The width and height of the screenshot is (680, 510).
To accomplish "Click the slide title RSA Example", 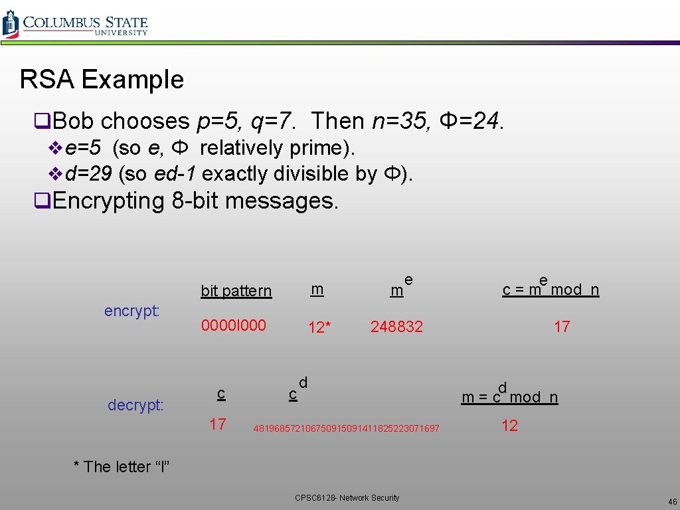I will pyautogui.click(x=102, y=80).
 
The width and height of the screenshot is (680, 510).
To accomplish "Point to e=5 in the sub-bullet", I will pyautogui.click(x=83, y=147).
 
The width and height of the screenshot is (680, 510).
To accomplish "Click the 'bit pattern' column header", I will pyautogui.click(x=236, y=291).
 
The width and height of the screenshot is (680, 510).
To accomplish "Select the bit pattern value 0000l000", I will pyautogui.click(x=233, y=325).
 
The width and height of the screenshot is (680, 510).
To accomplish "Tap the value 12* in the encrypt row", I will pyautogui.click(x=319, y=327).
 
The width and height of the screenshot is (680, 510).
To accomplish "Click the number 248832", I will pyautogui.click(x=396, y=327).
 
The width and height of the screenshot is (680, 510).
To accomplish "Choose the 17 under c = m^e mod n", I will pyautogui.click(x=562, y=326).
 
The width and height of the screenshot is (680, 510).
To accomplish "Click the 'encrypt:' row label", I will pyautogui.click(x=131, y=311).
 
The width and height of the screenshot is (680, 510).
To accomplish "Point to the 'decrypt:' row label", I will pyautogui.click(x=135, y=405).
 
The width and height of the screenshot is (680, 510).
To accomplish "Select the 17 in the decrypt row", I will pyautogui.click(x=218, y=424).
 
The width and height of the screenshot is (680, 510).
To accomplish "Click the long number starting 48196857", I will pyautogui.click(x=346, y=428).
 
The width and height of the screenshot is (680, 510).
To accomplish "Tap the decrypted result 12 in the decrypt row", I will pyautogui.click(x=509, y=426).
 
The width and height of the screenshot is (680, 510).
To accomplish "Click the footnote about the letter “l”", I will pyautogui.click(x=122, y=467).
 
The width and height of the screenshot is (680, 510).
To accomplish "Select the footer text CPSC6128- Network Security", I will pyautogui.click(x=347, y=497).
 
